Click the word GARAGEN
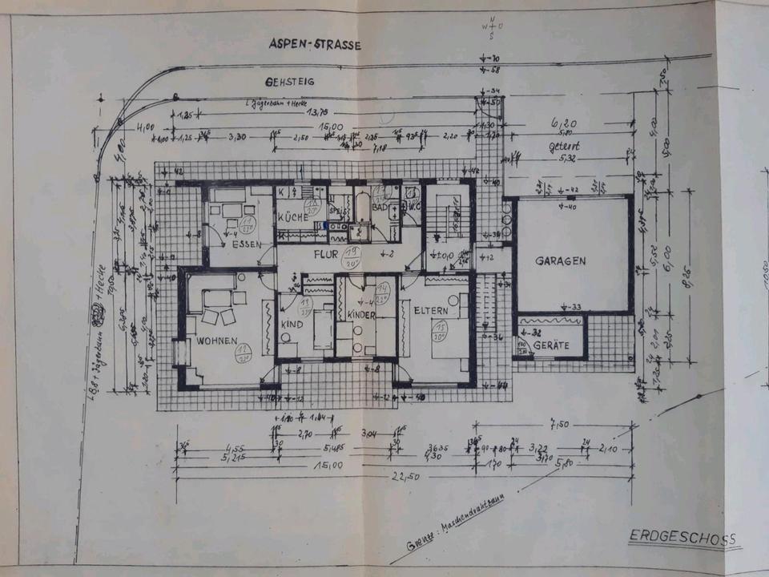[x=562, y=260]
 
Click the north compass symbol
[x=490, y=29]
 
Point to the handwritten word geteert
[x=564, y=147]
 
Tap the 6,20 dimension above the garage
[x=564, y=123]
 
